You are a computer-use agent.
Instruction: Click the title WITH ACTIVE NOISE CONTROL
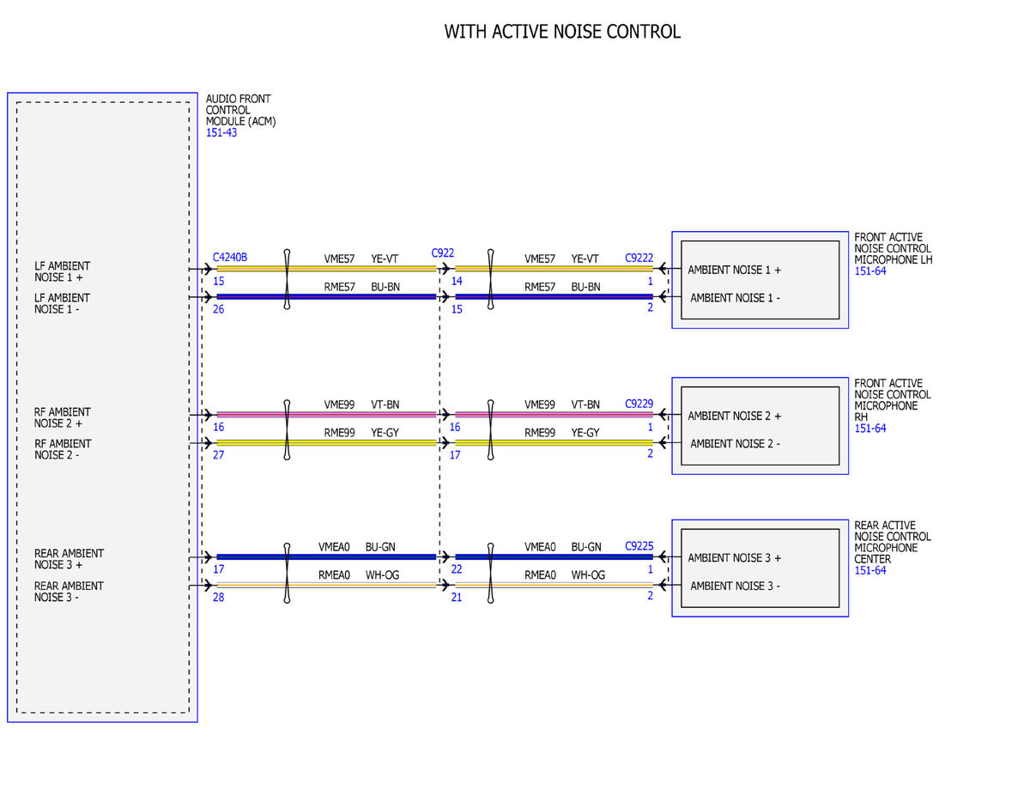click(562, 32)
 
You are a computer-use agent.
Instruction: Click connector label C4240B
click(230, 257)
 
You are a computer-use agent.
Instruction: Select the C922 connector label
click(442, 253)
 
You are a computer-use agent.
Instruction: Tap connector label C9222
click(639, 258)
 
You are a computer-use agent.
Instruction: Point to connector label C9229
click(639, 404)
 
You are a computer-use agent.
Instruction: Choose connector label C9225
click(639, 545)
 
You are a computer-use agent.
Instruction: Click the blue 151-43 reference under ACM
click(221, 133)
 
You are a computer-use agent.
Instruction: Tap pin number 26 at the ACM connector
click(219, 309)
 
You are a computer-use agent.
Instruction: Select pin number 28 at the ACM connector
click(219, 598)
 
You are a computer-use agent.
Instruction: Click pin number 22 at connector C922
click(457, 569)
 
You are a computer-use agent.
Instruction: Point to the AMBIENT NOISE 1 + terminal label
click(734, 270)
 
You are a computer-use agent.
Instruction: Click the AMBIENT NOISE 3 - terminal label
click(735, 586)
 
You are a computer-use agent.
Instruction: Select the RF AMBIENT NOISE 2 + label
click(62, 417)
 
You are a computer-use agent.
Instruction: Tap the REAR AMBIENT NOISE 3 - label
click(69, 592)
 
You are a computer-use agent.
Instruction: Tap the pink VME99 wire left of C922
click(326, 415)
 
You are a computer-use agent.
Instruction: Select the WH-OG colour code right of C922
click(588, 575)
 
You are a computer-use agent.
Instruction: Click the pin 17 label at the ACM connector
click(219, 569)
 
